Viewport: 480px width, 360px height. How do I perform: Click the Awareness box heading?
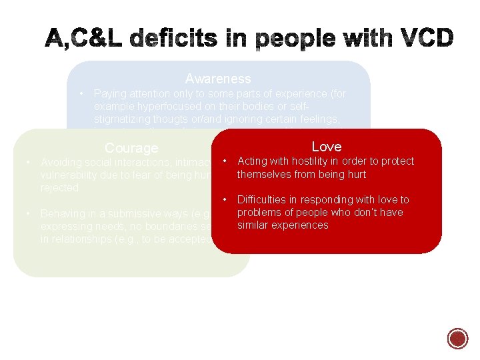218,79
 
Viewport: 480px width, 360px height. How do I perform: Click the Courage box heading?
131,148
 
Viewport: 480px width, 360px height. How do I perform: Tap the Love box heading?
326,147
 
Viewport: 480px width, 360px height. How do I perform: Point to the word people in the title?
284,39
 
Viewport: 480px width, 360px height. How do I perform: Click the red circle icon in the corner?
458,339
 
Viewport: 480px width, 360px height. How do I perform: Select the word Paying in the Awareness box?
109,94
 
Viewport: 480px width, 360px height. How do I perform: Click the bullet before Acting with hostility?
227,161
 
